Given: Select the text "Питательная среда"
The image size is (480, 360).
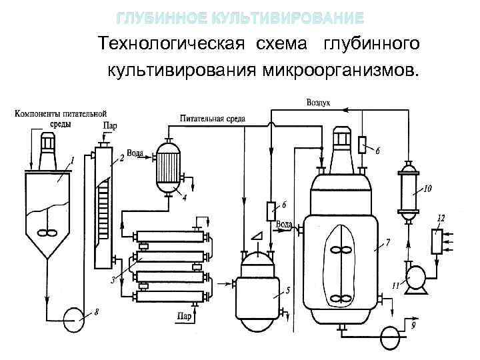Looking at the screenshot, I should click(211, 119).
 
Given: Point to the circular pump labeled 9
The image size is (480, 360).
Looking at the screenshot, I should click(393, 333).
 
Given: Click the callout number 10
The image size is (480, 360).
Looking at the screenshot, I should click(427, 189).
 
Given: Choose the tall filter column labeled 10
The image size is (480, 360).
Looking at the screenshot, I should click(407, 189).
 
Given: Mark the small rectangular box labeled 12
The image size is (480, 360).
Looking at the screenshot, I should click(437, 241).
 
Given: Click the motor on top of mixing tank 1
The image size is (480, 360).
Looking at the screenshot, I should click(47, 147).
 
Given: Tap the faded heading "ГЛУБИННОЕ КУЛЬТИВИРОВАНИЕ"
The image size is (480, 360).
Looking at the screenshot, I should click(240, 17).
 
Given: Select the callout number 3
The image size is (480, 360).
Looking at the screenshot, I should click(113, 280).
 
